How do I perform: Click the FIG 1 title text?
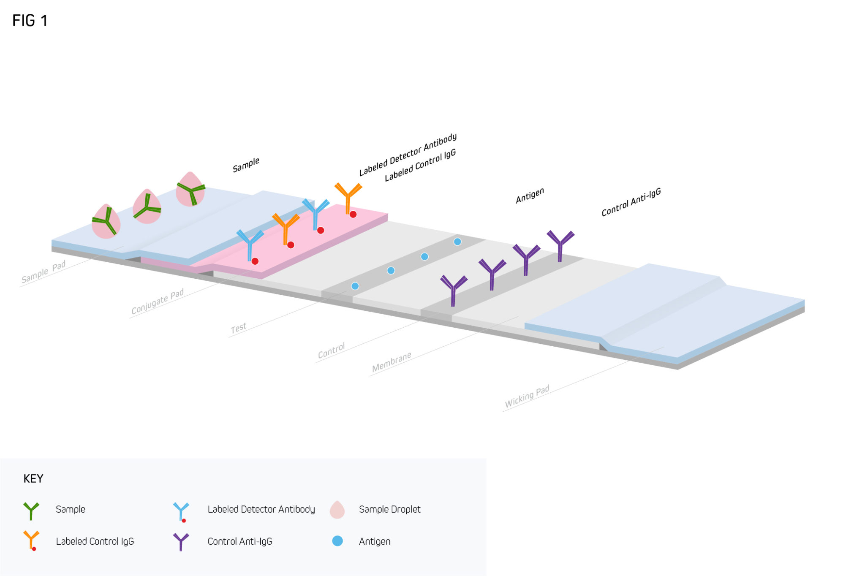[30, 21]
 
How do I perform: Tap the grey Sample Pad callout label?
[44, 272]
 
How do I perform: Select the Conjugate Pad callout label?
[158, 302]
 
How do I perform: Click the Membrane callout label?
[392, 362]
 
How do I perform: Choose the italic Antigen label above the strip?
[530, 196]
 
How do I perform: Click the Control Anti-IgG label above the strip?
[631, 202]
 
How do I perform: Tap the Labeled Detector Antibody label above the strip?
[408, 155]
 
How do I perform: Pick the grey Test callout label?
[239, 328]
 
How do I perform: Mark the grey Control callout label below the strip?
[332, 350]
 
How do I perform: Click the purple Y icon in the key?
[181, 541]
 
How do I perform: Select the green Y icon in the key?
[31, 510]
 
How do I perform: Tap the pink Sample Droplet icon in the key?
[337, 510]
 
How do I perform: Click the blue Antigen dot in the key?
[337, 541]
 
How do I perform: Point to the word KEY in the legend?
[33, 478]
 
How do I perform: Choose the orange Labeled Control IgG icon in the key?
[31, 541]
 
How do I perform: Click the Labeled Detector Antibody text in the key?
[261, 509]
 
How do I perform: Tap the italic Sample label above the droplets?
[246, 165]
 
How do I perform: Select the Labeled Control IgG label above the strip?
[420, 165]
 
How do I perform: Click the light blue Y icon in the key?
[181, 511]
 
